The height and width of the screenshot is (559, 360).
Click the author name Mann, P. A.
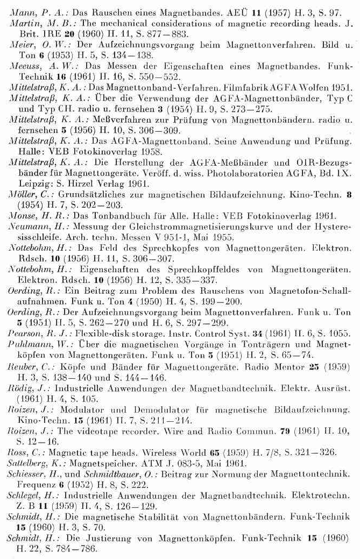(29, 5)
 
